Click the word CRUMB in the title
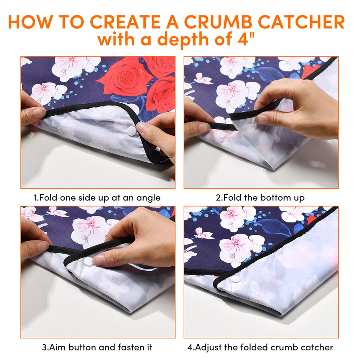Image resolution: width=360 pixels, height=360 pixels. coord(218,22)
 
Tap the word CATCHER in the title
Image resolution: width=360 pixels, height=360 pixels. coord(301,22)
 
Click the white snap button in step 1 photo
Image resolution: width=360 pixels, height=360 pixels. coord(131,131)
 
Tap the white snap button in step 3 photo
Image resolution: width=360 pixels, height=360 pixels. coord(89,261)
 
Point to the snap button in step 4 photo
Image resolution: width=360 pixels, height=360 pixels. coord(235,279)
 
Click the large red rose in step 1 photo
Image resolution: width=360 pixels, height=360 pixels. coord(126,78)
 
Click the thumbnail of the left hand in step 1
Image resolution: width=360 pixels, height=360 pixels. coord(39,112)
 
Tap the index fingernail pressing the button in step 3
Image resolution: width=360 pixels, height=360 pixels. coord(99,260)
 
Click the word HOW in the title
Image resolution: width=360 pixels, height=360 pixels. coord(30,22)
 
